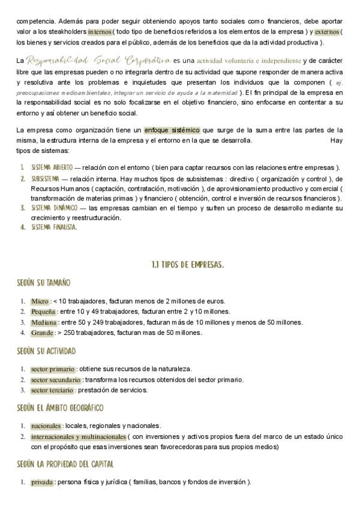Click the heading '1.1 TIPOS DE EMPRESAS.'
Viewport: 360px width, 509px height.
point(188,264)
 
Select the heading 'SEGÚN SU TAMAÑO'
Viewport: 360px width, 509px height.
point(44,283)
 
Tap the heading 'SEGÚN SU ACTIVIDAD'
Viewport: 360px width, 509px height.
point(47,351)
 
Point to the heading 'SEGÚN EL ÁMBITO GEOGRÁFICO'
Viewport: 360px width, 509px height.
point(61,408)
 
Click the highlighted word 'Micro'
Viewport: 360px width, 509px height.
point(40,301)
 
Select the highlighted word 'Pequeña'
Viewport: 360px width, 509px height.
point(43,312)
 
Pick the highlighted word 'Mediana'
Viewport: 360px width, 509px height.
point(43,322)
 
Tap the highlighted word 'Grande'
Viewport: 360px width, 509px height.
point(42,333)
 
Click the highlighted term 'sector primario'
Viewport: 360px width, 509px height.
point(53,369)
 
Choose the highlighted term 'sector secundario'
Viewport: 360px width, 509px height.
point(55,380)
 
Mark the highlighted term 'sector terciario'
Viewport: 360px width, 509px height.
point(52,390)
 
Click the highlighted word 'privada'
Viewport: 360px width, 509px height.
point(42,482)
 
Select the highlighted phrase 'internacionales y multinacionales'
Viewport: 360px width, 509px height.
point(78,436)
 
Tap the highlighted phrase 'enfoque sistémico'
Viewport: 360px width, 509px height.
point(172,130)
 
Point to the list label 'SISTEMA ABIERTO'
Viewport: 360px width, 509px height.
point(52,167)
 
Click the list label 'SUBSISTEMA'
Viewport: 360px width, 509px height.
point(44,178)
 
